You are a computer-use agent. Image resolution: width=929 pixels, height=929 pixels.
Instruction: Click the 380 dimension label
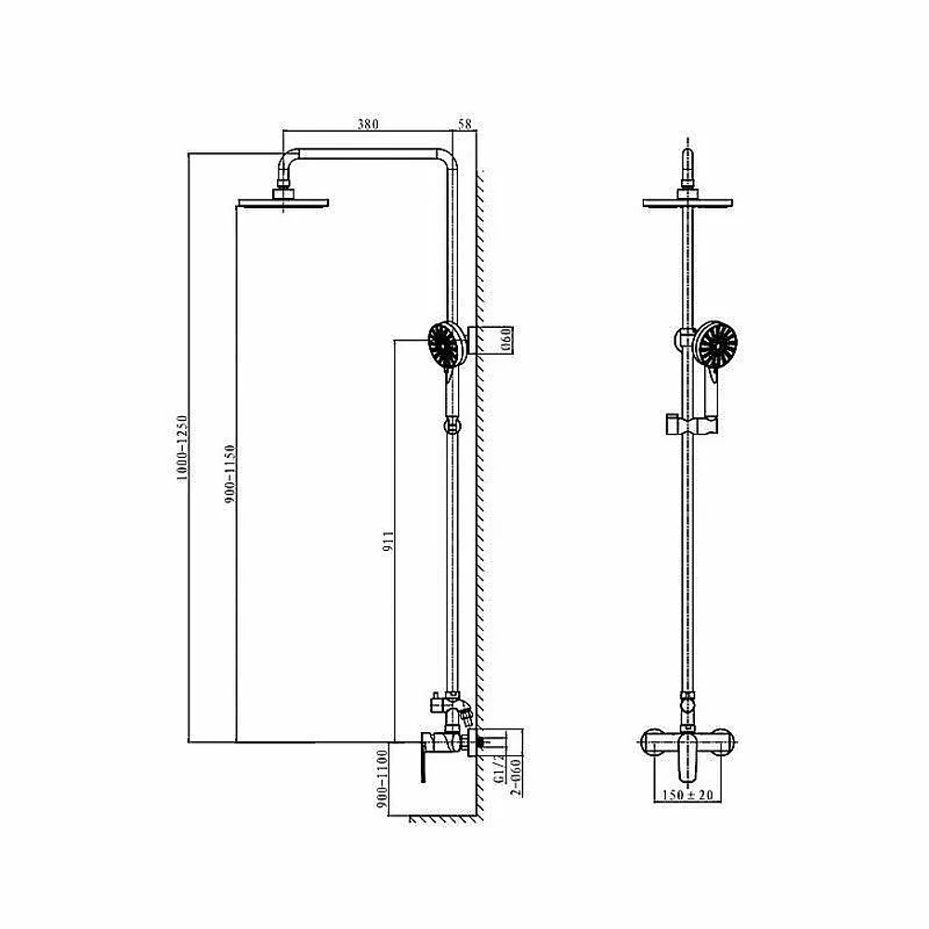[368, 124]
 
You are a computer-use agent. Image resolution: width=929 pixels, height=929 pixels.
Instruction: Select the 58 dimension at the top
[465, 124]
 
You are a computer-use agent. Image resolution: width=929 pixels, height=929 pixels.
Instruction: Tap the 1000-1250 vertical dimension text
[182, 448]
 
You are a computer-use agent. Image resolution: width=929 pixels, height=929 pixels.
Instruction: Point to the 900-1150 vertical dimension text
[229, 475]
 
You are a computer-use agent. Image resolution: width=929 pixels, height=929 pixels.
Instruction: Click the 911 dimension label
[388, 542]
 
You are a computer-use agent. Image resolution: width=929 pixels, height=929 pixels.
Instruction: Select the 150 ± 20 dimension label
[687, 794]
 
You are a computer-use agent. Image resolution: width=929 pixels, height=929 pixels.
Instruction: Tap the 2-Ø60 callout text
[516, 777]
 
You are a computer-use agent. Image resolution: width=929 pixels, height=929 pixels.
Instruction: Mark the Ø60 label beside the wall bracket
[506, 341]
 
